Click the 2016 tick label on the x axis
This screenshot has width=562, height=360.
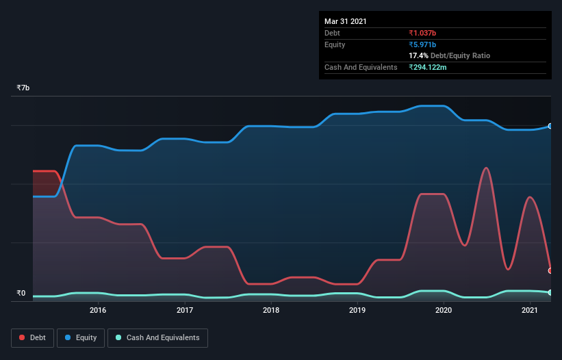coord(98,310)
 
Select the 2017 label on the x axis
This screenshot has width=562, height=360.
coord(184,310)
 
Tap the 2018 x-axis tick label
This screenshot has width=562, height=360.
coord(271,310)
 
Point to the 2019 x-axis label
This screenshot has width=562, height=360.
coord(357,310)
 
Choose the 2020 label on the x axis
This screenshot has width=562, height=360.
coord(444,310)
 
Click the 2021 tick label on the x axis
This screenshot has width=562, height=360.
coord(530,310)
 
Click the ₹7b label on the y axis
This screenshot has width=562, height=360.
coord(23,88)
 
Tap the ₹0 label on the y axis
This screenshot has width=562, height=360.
coord(21,294)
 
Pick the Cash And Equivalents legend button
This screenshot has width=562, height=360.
coord(157,337)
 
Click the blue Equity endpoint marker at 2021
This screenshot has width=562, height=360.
coord(550,126)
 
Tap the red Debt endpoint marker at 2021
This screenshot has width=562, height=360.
coord(550,270)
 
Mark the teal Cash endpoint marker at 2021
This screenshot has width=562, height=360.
coord(550,292)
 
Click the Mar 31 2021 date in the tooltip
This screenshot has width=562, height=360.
coord(346,21)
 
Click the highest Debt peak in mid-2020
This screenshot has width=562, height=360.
coord(485,168)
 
